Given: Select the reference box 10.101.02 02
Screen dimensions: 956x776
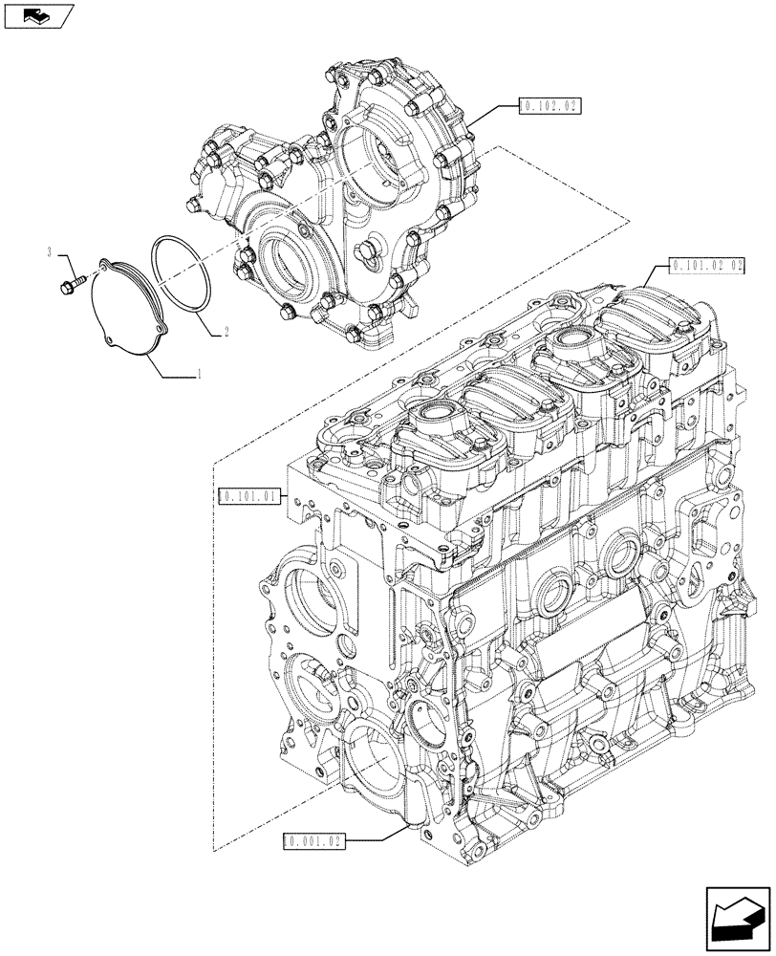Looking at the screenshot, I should coord(706,266).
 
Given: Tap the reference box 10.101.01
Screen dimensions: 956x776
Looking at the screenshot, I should coord(248,496).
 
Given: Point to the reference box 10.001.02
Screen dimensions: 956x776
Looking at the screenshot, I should coord(313,841).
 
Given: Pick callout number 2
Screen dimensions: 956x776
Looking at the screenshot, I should coord(226,332).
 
